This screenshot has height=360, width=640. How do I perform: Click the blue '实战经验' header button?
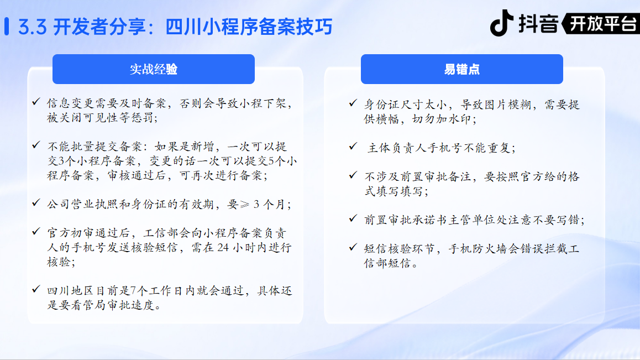click(154, 69)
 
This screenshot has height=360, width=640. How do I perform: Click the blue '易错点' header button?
click(461, 69)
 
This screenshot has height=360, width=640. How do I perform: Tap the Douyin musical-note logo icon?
click(502, 23)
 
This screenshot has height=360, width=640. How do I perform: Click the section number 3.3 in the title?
click(32, 27)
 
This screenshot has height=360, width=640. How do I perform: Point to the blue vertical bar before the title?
click(7, 27)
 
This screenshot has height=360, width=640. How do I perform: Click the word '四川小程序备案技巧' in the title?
click(249, 27)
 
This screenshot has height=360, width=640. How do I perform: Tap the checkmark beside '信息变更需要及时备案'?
click(36, 101)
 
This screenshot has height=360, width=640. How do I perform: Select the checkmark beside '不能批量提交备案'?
click(36, 145)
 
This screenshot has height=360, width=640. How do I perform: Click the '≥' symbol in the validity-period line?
click(244, 204)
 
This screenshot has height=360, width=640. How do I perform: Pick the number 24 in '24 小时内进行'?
click(223, 248)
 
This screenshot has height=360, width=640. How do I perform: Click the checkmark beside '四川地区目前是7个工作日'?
click(36, 289)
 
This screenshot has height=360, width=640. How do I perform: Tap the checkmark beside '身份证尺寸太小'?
click(354, 103)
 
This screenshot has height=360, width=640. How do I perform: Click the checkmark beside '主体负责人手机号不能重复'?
click(354, 146)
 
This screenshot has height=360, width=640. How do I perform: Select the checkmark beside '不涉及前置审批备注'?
click(354, 175)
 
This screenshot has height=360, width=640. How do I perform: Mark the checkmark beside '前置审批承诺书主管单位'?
click(354, 218)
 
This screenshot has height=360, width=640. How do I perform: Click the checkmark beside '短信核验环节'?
click(354, 247)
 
